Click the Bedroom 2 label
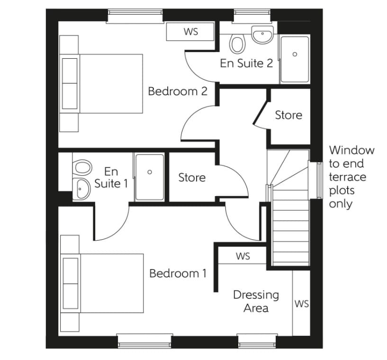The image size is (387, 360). click(x=178, y=91)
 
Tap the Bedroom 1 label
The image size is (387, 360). click(x=178, y=273)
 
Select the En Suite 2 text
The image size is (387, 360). click(x=246, y=63)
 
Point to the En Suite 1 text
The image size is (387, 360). click(x=111, y=177)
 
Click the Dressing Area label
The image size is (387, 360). click(x=256, y=301)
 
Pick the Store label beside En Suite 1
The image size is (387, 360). click(x=192, y=178)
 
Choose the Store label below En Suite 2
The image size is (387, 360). click(x=288, y=115)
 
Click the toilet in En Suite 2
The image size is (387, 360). click(x=237, y=45)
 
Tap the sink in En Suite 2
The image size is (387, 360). click(x=262, y=35)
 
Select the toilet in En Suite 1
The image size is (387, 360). click(x=83, y=167)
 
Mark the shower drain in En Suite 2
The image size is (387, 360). click(x=295, y=54)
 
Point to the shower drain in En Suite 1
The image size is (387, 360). click(x=150, y=172)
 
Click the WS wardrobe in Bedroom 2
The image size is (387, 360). click(x=191, y=32)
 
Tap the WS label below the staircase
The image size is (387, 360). click(x=243, y=256)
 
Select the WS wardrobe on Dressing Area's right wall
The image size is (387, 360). click(x=301, y=304)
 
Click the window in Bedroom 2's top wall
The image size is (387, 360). click(x=135, y=16)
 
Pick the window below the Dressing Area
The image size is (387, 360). click(x=256, y=340)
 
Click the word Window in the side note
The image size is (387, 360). click(x=351, y=151)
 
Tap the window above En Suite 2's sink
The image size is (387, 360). click(x=252, y=16)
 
